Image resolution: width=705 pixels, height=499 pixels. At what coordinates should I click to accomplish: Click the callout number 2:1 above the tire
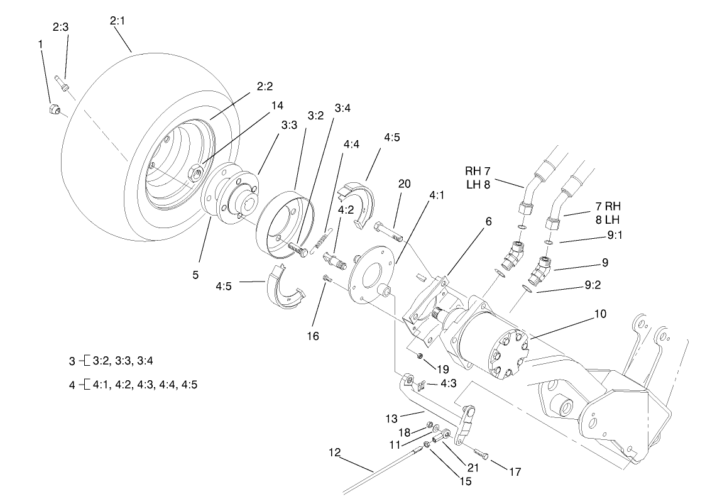click(x=117, y=21)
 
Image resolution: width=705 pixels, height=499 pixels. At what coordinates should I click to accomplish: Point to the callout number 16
click(x=313, y=336)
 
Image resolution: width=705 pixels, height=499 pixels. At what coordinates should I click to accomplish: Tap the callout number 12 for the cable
click(x=334, y=452)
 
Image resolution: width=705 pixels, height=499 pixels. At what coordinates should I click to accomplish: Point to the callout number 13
click(x=391, y=417)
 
